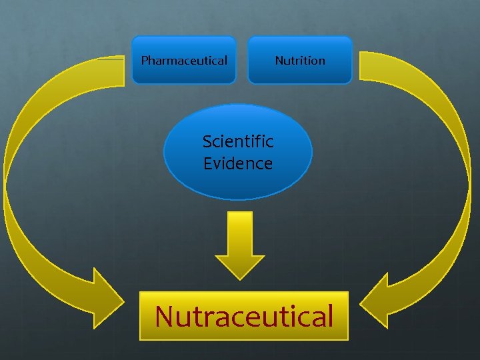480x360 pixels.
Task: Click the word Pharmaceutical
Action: tap(184, 61)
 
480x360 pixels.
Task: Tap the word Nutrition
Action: tap(300, 61)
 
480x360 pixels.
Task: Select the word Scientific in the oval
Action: tap(238, 141)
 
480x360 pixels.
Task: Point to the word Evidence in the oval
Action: tap(238, 163)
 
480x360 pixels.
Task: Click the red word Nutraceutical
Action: tap(244, 316)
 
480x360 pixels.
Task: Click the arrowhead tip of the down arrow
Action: tap(240, 276)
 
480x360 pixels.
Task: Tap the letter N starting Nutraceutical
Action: tap(165, 316)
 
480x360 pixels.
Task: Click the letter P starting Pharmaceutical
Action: tap(145, 61)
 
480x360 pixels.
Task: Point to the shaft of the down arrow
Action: tap(240, 233)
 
